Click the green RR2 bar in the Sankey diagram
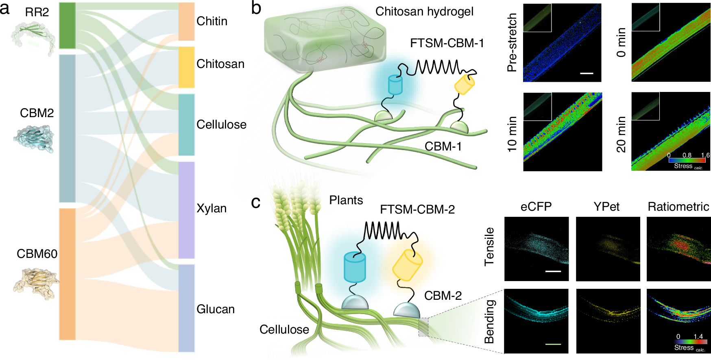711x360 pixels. coord(67,26)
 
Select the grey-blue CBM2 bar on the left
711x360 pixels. coord(67,128)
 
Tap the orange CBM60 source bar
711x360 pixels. coord(67,274)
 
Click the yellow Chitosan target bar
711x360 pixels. coord(186,67)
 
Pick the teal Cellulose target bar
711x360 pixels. coord(186,124)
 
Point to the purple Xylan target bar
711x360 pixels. coord(186,210)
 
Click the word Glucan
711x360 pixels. coord(216,309)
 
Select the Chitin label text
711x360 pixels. coord(212,21)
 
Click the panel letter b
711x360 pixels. coord(256,8)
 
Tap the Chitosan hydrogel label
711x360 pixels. coord(424,11)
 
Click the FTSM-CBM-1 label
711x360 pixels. coord(447,43)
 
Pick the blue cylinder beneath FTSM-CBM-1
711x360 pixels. coord(395,85)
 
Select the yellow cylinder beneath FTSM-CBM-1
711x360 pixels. coord(464,85)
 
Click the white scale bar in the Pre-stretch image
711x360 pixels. coord(587,73)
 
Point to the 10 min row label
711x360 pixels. coord(512,134)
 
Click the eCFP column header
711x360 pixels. coord(536,207)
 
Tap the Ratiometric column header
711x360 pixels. coord(678,207)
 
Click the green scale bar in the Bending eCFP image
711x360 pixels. coord(553,344)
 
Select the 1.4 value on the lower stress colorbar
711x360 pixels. coord(698,336)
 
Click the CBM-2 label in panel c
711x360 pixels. coord(443,296)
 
